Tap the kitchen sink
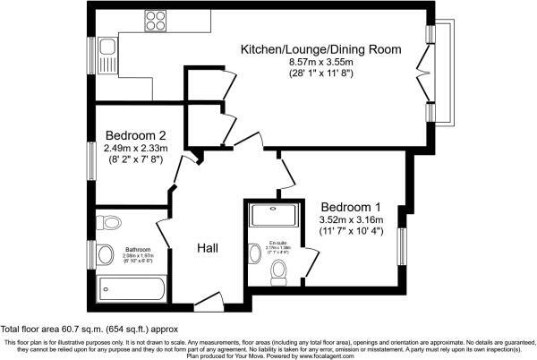(107, 54)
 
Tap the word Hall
(209, 247)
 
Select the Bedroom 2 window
(93, 160)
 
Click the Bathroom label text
(138, 250)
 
